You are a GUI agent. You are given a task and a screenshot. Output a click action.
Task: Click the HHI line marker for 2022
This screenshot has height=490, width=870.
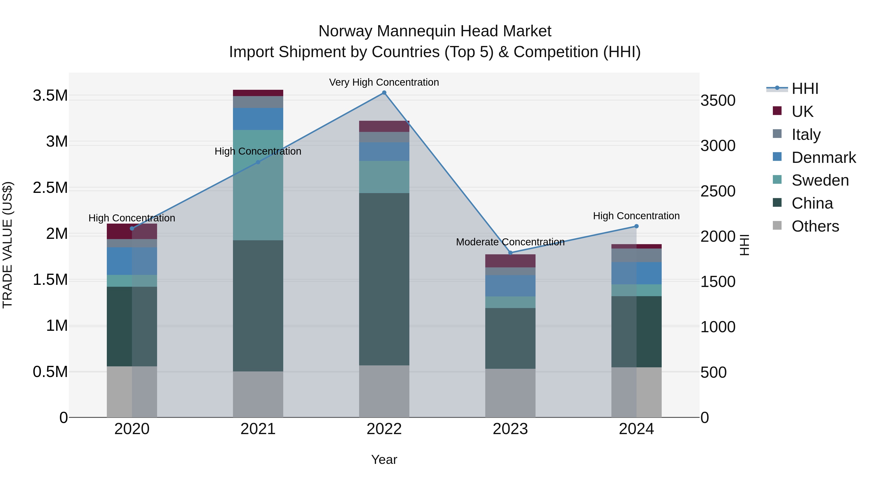(x=384, y=93)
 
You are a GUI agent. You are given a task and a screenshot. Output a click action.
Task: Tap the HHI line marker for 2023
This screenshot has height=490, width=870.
(x=510, y=253)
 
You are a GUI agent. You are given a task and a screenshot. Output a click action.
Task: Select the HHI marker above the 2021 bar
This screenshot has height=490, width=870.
(x=258, y=162)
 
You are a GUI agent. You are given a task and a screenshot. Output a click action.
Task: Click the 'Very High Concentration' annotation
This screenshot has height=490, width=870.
(x=384, y=82)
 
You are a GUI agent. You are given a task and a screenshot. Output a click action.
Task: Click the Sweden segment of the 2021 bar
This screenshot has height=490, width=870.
(x=258, y=185)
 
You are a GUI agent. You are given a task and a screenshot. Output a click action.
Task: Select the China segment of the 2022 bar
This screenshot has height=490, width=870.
(x=384, y=279)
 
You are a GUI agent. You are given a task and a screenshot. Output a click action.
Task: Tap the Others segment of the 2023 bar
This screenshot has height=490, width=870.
(x=510, y=393)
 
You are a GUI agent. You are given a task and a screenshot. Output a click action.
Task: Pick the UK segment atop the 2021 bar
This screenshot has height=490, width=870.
(x=258, y=93)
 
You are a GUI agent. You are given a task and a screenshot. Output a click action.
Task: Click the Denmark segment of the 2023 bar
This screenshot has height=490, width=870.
(x=510, y=286)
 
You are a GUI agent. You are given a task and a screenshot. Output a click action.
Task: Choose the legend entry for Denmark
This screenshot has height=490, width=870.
(x=823, y=158)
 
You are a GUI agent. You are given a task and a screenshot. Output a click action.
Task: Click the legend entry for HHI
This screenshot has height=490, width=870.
(x=805, y=89)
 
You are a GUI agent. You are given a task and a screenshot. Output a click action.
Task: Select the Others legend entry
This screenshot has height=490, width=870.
(x=815, y=226)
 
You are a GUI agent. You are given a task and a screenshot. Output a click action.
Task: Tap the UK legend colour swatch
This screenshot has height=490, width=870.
(x=777, y=111)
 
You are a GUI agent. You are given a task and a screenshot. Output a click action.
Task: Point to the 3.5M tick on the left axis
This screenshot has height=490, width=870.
(x=50, y=96)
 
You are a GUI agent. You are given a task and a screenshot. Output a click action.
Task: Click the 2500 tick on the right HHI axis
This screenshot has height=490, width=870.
(x=718, y=191)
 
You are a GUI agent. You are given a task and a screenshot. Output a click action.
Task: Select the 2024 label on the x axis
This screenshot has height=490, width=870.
(x=636, y=429)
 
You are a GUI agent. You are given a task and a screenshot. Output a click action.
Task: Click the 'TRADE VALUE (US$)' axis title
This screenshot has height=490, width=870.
(x=8, y=245)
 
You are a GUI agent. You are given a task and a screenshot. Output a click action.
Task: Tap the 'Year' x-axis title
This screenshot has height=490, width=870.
(x=384, y=460)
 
